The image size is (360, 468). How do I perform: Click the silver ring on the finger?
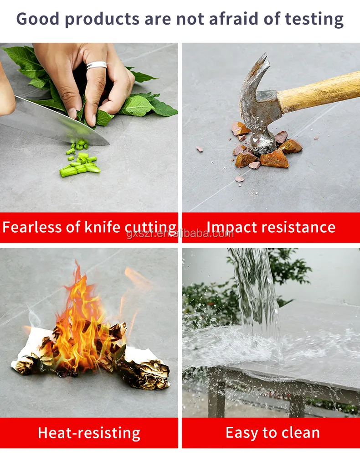click(97, 65)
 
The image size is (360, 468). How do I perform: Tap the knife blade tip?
click(109, 144)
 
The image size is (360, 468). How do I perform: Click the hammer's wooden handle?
click(319, 91)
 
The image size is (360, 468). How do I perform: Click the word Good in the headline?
click(37, 19)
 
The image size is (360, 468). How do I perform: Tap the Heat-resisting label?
click(89, 433)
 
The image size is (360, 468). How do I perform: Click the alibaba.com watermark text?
click(180, 234)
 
